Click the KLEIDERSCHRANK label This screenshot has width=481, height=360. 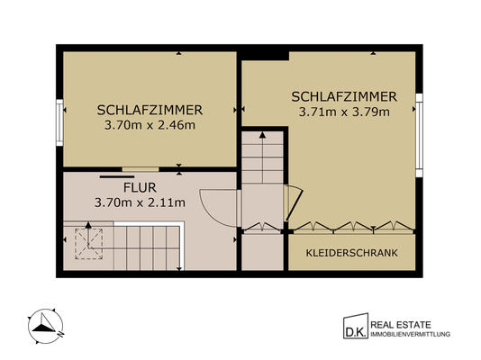(x=352, y=253)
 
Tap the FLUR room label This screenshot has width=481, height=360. (x=140, y=189)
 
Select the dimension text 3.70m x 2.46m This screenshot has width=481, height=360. (x=150, y=125)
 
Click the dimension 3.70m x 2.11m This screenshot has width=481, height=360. (x=140, y=203)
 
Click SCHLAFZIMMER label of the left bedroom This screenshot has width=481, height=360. (x=150, y=110)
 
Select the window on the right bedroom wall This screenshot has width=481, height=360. (x=419, y=139)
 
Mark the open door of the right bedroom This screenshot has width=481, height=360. (x=290, y=202)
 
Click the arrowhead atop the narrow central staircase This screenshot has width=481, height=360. (x=261, y=135)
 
